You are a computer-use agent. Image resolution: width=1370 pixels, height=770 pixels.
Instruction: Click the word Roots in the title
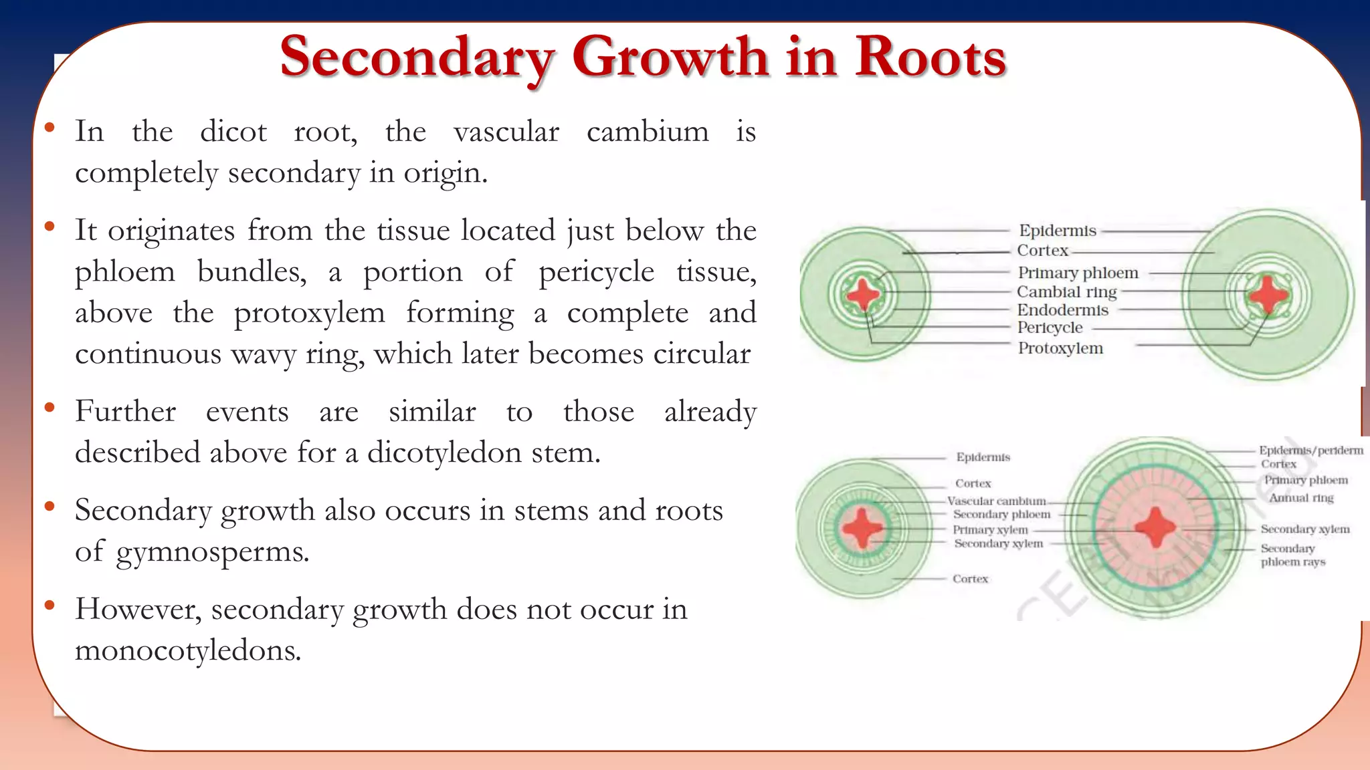[x=930, y=57]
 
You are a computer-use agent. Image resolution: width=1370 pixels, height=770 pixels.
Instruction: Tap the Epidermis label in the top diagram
[x=1057, y=231]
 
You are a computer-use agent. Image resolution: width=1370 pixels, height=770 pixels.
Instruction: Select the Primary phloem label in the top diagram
[x=1078, y=273]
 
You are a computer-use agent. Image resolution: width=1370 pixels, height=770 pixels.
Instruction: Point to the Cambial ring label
[x=1066, y=292]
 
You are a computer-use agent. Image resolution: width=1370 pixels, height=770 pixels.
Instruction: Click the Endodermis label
[x=1062, y=310]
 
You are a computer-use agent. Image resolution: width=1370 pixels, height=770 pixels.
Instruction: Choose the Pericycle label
[x=1050, y=328]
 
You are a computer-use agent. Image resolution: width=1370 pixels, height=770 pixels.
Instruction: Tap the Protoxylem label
[x=1060, y=348]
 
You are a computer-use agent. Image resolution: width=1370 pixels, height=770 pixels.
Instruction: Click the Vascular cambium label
[x=996, y=501]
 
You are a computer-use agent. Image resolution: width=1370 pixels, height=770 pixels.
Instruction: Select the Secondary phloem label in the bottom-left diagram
[x=1001, y=515]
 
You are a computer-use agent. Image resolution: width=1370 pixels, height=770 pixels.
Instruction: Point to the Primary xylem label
[x=990, y=530]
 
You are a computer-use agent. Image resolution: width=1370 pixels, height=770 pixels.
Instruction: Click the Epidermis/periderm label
[x=1310, y=451]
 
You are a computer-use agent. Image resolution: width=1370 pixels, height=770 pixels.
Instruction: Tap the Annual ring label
[x=1301, y=498]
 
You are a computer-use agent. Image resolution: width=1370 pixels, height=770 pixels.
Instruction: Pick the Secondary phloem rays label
[x=1292, y=555]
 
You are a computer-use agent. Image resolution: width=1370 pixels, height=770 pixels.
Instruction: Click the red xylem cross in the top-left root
[x=863, y=294]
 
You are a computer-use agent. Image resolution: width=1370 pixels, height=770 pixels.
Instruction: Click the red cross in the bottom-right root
[x=1155, y=528]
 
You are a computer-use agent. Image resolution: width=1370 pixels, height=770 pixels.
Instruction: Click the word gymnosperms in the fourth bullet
[x=212, y=552]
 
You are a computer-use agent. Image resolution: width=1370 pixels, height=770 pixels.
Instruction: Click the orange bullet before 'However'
[x=50, y=606]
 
